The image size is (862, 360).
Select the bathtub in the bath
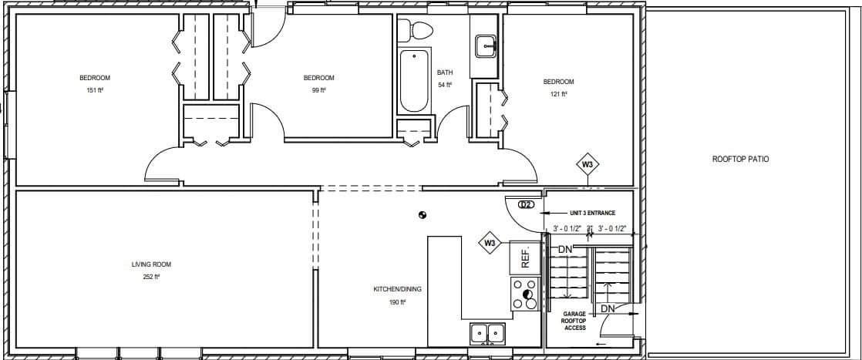pyautogui.click(x=413, y=81)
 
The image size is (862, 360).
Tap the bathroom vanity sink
pyautogui.click(x=486, y=45)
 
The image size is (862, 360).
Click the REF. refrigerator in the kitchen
pyautogui.click(x=525, y=257)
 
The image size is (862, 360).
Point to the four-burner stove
pyautogui.click(x=525, y=294)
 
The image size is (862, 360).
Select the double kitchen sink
pyautogui.click(x=487, y=334)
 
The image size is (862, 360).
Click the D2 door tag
pyautogui.click(x=526, y=205)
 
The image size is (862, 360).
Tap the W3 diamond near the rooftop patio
pyautogui.click(x=588, y=164)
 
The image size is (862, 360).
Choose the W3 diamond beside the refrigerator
pyautogui.click(x=490, y=244)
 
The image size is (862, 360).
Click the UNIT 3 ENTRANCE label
pyautogui.click(x=592, y=213)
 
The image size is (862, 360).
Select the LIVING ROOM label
pyautogui.click(x=145, y=264)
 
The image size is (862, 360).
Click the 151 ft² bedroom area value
pyautogui.click(x=95, y=90)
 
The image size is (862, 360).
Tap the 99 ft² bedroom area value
pyautogui.click(x=318, y=90)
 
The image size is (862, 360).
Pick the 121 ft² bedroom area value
pyautogui.click(x=558, y=94)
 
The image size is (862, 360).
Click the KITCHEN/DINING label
pyautogui.click(x=397, y=290)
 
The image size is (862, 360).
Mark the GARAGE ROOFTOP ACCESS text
pyautogui.click(x=574, y=321)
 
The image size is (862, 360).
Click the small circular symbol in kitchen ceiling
pyautogui.click(x=422, y=215)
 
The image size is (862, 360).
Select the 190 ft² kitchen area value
pyautogui.click(x=397, y=302)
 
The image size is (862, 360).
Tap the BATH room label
pyautogui.click(x=444, y=72)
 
